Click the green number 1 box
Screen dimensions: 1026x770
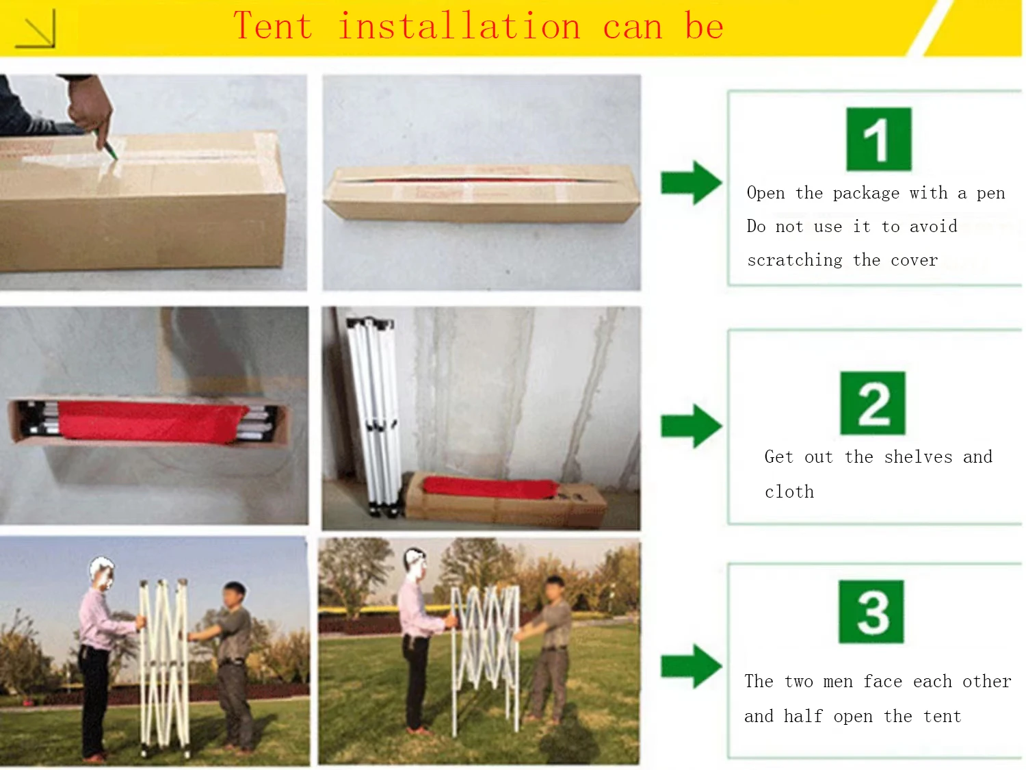point(879,139)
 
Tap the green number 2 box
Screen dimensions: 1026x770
point(873,403)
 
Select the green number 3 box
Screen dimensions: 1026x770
point(871,611)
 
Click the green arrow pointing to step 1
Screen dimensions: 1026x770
point(691,182)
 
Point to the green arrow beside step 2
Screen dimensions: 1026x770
point(691,426)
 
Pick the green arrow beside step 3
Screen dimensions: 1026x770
point(691,666)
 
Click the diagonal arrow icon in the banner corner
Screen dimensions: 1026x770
point(36,29)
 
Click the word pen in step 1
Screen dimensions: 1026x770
point(990,194)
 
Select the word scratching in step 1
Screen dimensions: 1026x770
point(795,259)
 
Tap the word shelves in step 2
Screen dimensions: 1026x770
point(918,457)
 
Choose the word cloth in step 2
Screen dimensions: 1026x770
point(789,491)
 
